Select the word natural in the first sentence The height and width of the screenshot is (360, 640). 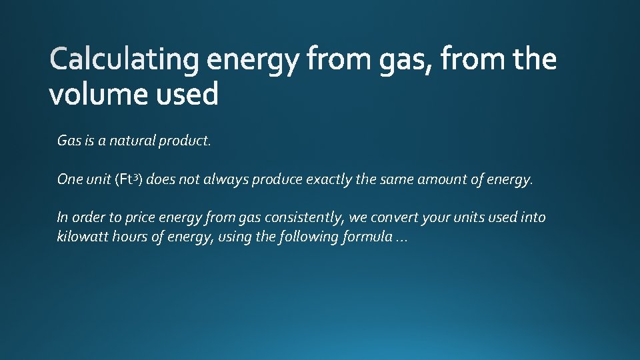[131, 141]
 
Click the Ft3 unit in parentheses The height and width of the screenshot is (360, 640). [128, 179]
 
